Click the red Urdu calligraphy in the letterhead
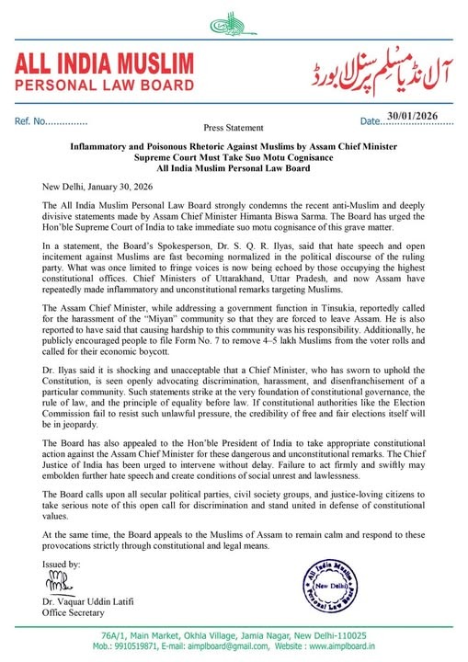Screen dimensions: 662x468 pos(364,75)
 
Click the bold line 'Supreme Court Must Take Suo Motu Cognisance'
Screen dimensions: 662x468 pos(234,157)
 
